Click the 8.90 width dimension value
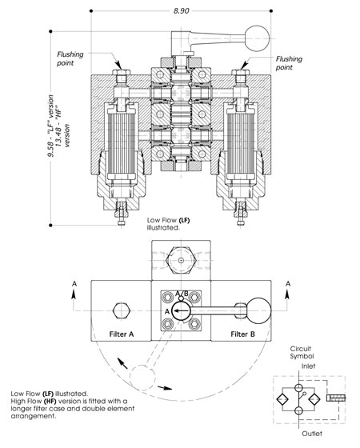(x=181, y=11)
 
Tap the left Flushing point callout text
(x=70, y=58)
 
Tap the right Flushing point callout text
(x=289, y=63)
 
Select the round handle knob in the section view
(x=257, y=38)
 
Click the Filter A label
(x=122, y=334)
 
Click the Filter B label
(x=242, y=334)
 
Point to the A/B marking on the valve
(x=182, y=294)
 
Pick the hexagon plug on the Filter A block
(x=122, y=310)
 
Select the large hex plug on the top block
(x=181, y=260)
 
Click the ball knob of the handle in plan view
(x=259, y=311)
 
